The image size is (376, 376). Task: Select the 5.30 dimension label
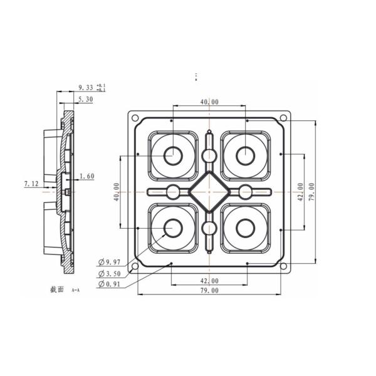[86, 99]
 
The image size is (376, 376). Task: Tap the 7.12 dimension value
[31, 184]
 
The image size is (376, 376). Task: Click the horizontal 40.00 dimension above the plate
[209, 102]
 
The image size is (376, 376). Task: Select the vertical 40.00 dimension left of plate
[116, 191]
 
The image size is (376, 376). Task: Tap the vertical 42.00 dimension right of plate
[301, 191]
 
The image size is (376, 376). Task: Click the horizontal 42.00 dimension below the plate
[209, 280]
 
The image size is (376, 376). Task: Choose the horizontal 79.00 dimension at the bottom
[209, 291]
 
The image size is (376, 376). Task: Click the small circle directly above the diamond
[209, 155]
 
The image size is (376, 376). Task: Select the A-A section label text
[76, 291]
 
